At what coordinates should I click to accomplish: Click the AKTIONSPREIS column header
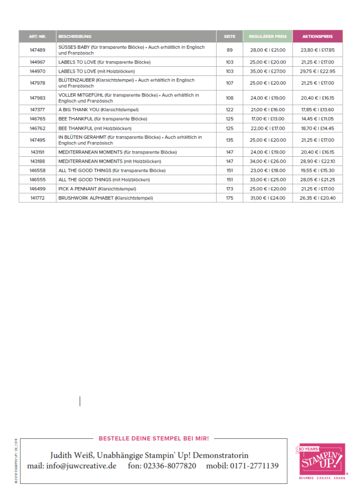(317, 36)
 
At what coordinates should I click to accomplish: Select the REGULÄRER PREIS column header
(267, 36)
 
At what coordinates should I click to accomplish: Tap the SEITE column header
(229, 36)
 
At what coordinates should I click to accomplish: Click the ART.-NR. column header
(37, 36)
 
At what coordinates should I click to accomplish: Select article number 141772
(37, 198)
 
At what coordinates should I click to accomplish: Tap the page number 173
(229, 189)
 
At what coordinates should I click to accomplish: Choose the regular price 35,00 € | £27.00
(267, 71)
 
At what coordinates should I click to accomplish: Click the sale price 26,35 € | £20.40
(318, 198)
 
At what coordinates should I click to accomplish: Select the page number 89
(229, 50)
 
